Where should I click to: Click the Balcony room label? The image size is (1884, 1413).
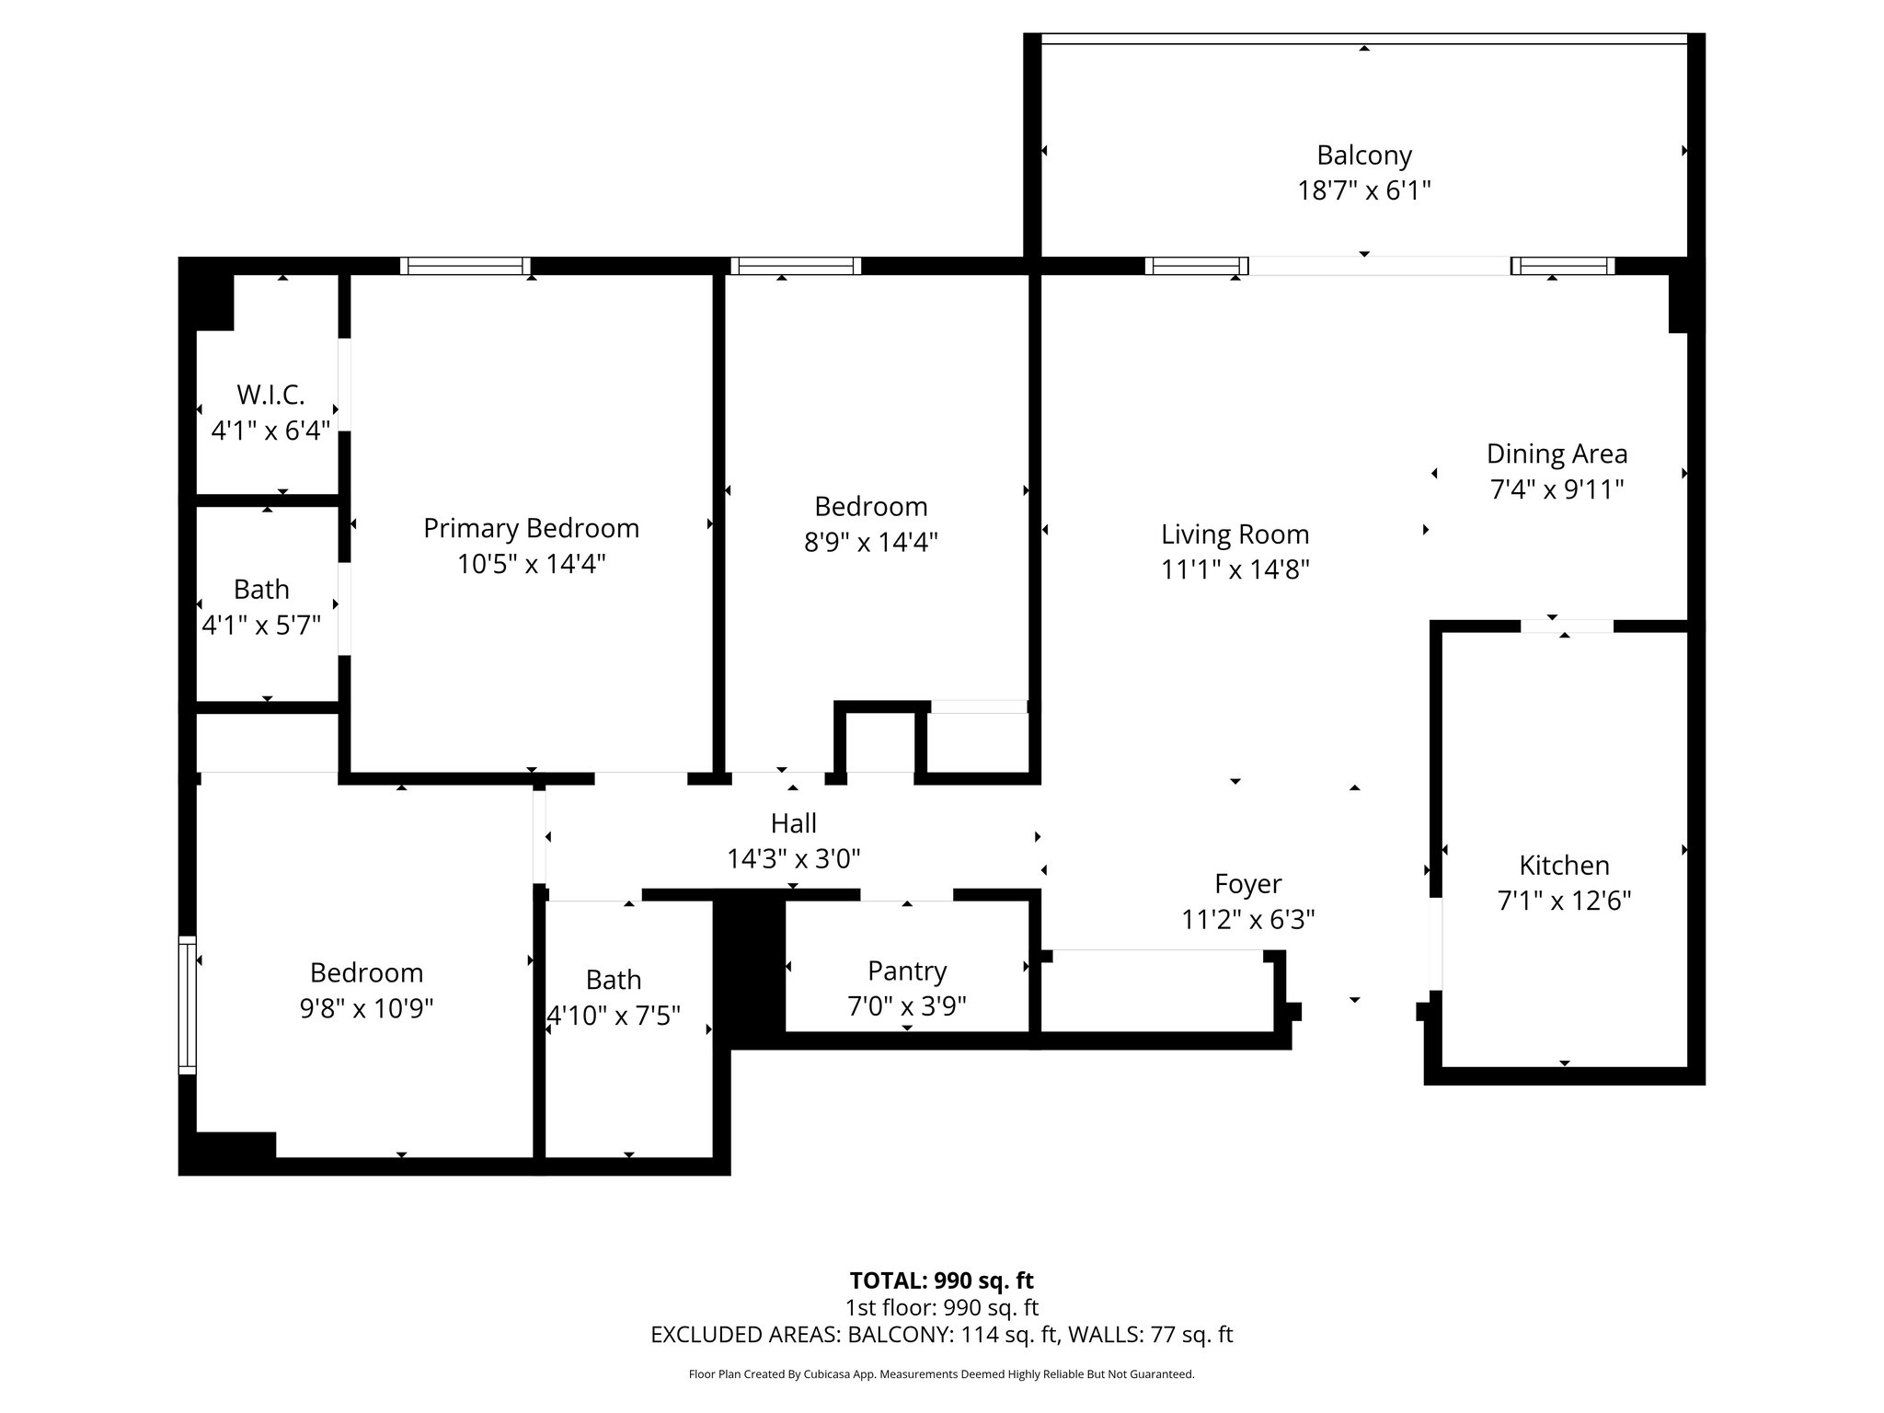tap(1363, 155)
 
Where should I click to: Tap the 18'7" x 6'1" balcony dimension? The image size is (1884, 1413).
tap(1363, 190)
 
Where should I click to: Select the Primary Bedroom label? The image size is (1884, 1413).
tap(531, 528)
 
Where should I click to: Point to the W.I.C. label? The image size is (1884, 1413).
tap(270, 395)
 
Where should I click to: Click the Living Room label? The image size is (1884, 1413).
tap(1235, 534)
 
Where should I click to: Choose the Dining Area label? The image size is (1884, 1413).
tap(1557, 454)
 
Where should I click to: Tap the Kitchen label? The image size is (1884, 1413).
tap(1564, 866)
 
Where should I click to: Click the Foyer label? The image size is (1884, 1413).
tap(1247, 884)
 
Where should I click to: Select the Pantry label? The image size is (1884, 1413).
tap(907, 971)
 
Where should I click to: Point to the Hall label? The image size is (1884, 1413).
tap(794, 823)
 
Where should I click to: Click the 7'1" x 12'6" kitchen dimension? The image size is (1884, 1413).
tap(1564, 901)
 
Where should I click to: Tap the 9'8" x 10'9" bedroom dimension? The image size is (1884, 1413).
tap(366, 1009)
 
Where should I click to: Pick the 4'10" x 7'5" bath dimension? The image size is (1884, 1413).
tap(614, 1016)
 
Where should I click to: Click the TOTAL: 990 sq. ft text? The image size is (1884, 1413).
tap(941, 1281)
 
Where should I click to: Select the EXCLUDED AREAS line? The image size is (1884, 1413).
tap(941, 1335)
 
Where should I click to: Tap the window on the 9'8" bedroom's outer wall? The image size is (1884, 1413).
tap(188, 1005)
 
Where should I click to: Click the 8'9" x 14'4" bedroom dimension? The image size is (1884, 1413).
tap(870, 542)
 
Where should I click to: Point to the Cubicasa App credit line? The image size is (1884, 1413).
tap(941, 1374)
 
